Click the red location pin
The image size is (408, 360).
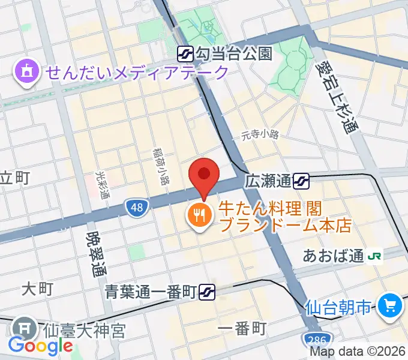tap(203, 175)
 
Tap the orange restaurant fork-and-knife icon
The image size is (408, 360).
tap(199, 215)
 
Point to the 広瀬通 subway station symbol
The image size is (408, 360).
tap(302, 179)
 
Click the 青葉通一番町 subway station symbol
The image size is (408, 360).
tap(208, 292)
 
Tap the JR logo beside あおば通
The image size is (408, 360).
tap(376, 256)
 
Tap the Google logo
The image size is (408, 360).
tap(40, 346)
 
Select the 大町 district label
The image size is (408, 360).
tap(37, 289)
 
